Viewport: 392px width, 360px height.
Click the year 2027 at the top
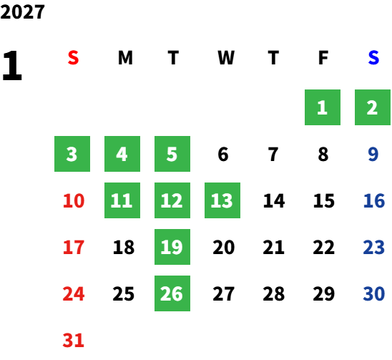point(22,11)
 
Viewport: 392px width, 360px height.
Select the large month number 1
point(12,65)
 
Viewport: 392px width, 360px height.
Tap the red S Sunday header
point(73,58)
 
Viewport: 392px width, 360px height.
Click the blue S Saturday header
point(373,58)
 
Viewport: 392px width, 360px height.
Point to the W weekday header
point(226,58)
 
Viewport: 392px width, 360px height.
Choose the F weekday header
point(323,58)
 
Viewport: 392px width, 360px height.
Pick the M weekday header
point(125,58)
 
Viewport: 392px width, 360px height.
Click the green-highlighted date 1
point(323,107)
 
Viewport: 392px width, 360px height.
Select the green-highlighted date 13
point(222,200)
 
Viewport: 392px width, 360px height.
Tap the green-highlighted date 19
point(172,247)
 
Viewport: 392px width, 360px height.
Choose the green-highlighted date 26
point(172,293)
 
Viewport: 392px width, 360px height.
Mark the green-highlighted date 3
point(72,154)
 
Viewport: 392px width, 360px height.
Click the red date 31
point(74,340)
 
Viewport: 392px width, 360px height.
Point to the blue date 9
point(373,154)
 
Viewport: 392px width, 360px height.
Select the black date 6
point(223,154)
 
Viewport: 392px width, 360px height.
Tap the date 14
point(274,200)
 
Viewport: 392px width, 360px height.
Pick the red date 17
point(74,247)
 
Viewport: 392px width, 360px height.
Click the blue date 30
point(374,293)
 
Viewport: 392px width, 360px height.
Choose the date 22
point(324,247)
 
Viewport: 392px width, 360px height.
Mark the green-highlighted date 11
point(122,200)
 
